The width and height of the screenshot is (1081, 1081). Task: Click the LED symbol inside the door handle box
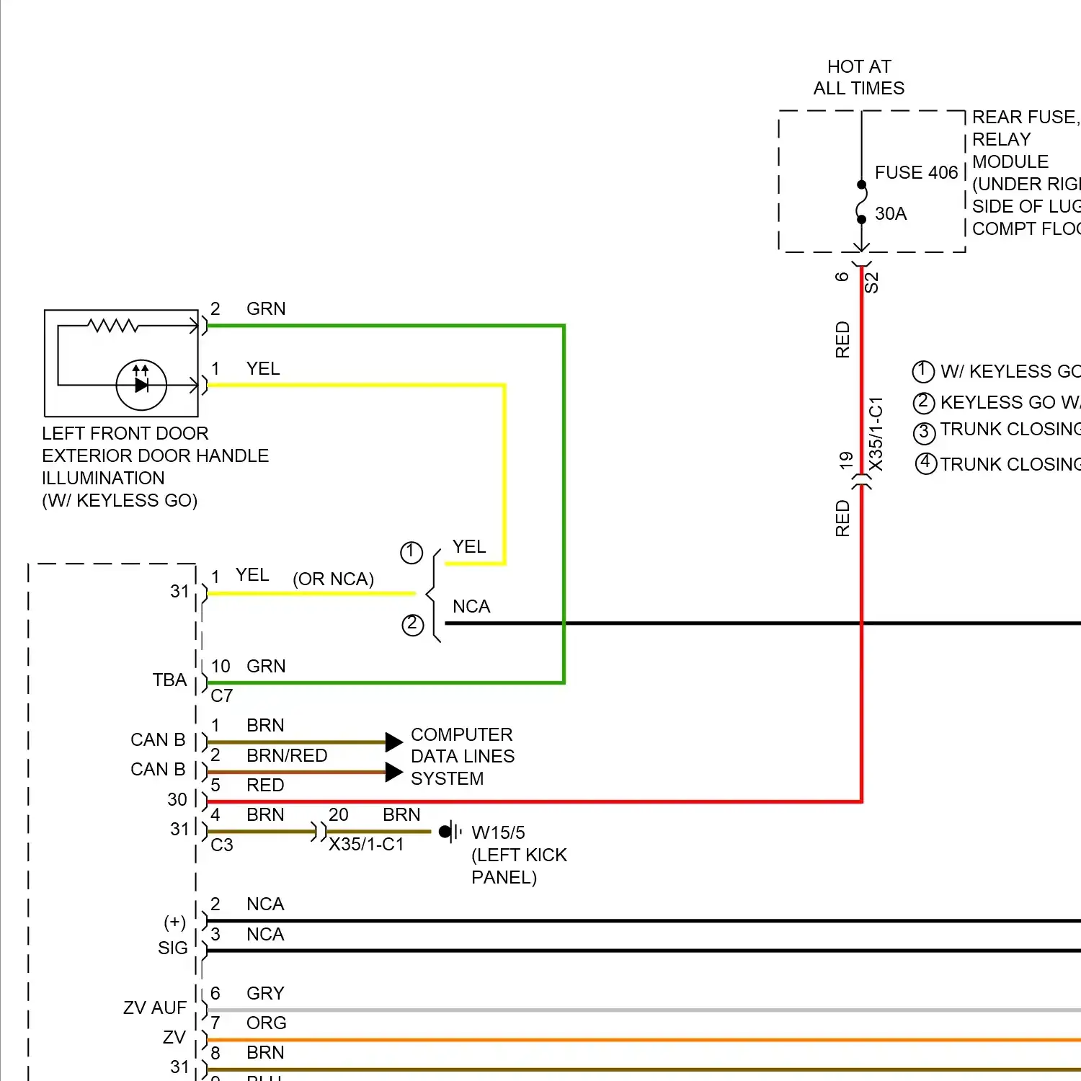coord(141,385)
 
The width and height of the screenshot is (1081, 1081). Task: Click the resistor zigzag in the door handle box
coord(113,326)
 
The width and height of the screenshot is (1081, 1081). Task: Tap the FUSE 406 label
coord(916,173)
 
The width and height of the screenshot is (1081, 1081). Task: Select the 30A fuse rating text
coord(891,214)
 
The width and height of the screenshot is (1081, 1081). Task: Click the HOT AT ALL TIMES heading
coord(859,78)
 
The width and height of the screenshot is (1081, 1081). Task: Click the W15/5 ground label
coord(498,833)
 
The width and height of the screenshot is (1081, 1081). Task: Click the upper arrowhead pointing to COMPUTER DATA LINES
coord(393,742)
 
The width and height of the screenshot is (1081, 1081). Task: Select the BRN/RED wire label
coord(287,755)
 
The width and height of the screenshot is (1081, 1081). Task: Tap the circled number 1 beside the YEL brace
coord(411,553)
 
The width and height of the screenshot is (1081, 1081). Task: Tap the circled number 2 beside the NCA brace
coord(412,624)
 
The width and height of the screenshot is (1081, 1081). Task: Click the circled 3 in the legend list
coord(924,432)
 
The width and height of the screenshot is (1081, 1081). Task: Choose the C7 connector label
coord(222,696)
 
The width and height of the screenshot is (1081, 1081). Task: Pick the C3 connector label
coord(222,845)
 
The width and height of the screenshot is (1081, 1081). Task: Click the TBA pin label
coord(169,680)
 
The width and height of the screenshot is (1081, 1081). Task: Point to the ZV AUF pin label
coord(155,1007)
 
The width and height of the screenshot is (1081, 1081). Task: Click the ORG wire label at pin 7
coord(266,1023)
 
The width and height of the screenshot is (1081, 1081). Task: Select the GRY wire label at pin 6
coord(265,993)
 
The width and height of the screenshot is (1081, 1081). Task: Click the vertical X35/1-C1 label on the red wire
coord(876,434)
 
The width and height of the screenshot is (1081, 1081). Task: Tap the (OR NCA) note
coord(333,579)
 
